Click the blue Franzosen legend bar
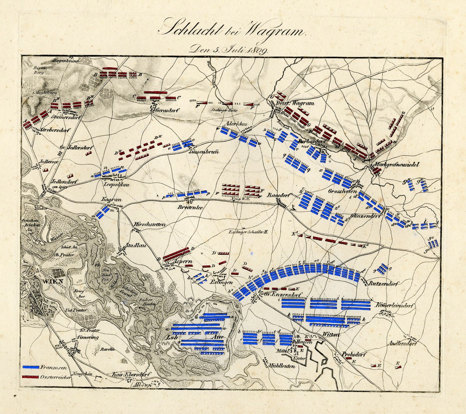31,367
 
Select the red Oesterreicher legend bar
31,377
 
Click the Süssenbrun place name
204,152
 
